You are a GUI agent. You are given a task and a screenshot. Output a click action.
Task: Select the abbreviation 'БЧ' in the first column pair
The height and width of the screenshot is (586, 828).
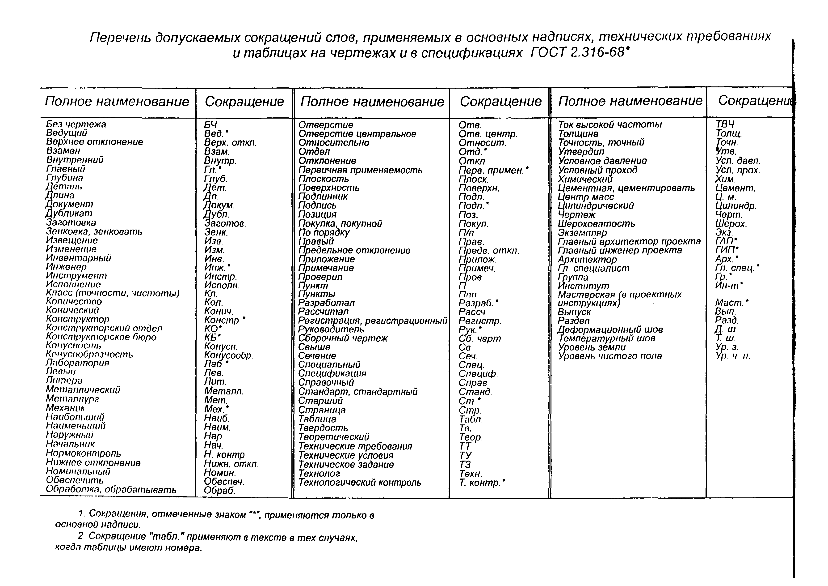(211, 124)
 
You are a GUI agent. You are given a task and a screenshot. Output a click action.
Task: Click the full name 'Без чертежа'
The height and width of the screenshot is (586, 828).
(76, 124)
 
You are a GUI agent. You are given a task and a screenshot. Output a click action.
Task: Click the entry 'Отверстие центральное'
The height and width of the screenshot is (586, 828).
(357, 134)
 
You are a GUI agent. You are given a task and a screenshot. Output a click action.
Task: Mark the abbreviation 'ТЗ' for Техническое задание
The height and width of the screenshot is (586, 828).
(465, 465)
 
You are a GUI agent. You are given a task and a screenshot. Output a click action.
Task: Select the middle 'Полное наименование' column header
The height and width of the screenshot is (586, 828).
(372, 102)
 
